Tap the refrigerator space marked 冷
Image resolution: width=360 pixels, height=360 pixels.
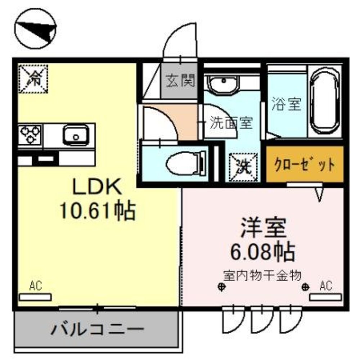33,79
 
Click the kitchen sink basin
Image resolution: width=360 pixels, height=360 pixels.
75,135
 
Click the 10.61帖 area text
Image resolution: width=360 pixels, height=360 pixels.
97,211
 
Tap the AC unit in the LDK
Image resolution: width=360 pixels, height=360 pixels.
35,297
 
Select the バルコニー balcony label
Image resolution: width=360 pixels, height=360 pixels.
97,329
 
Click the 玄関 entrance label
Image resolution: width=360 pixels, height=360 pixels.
180,81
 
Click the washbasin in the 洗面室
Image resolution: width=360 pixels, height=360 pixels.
222,84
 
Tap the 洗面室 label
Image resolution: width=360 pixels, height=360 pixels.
231,123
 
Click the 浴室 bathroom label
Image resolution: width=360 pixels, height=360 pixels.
286,104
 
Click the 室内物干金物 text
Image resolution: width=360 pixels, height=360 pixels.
262,276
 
